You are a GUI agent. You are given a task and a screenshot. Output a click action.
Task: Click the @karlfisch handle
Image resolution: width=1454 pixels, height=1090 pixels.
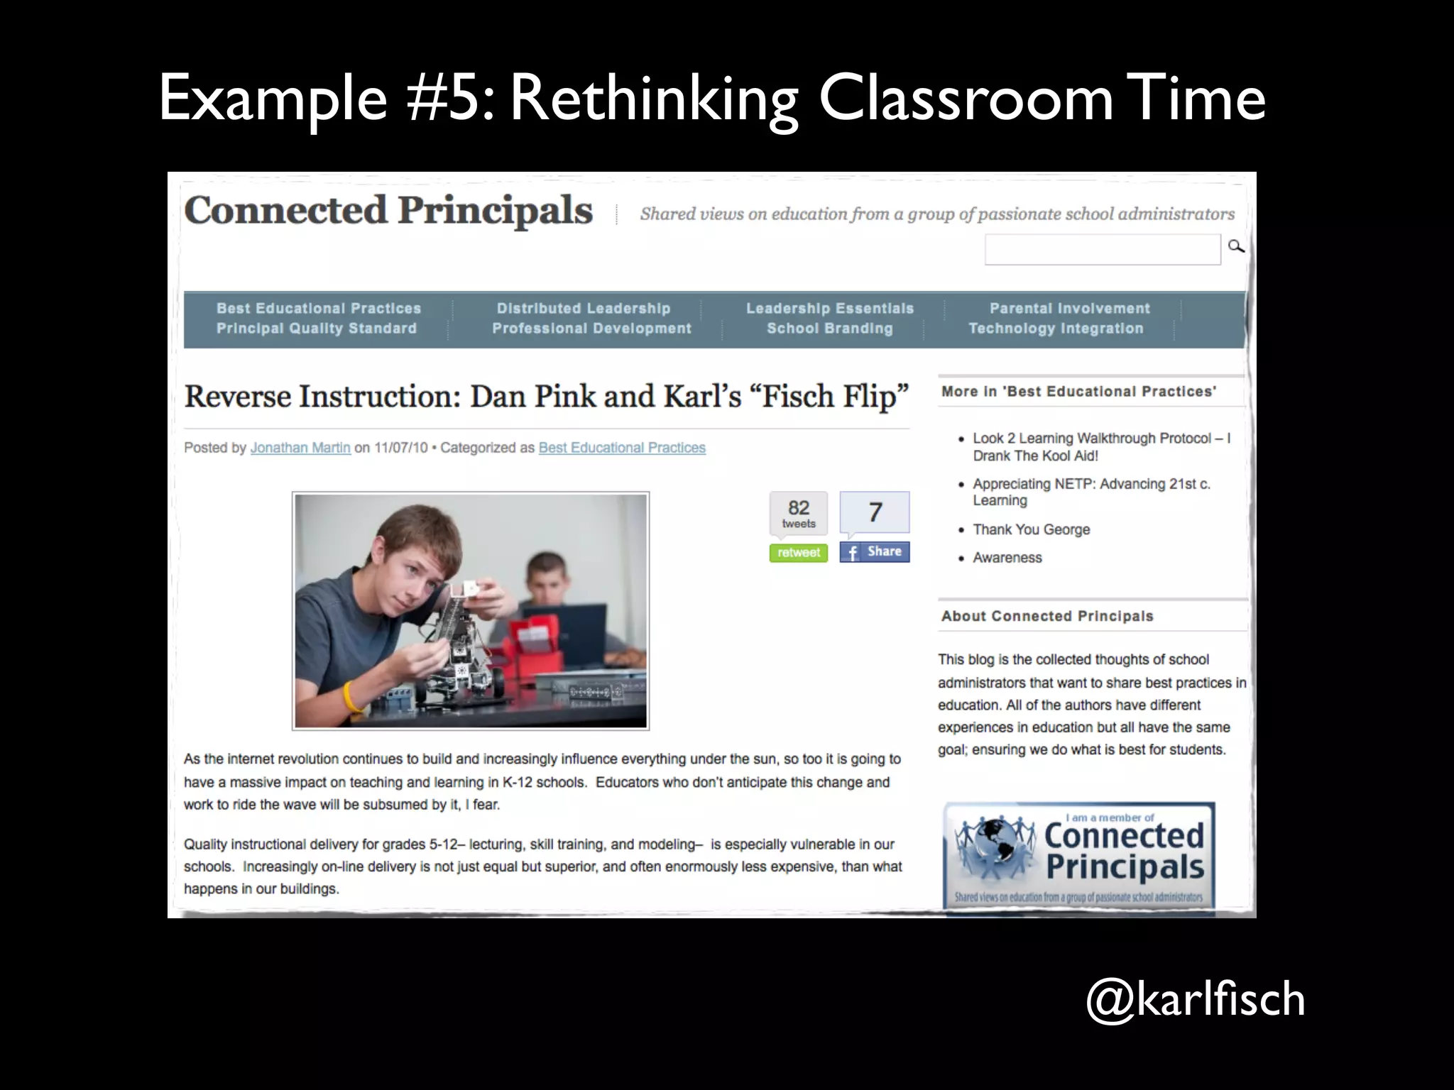coord(1195,999)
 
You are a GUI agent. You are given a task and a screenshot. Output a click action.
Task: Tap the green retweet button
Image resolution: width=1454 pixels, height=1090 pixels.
coord(798,552)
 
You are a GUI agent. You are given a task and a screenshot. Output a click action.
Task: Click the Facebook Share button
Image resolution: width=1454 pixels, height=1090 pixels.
coord(874,551)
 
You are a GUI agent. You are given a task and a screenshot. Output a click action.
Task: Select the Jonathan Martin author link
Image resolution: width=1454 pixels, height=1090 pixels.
coord(300,448)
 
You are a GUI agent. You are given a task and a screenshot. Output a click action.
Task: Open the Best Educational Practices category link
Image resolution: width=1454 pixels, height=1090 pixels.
coord(622,448)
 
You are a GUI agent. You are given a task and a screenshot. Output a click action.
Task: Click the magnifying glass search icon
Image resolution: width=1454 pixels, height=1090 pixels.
coord(1236,246)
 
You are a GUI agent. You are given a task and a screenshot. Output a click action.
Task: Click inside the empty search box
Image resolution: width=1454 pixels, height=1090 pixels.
coord(1102,250)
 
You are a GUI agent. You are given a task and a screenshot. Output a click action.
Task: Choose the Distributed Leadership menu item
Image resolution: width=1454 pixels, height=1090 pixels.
coord(584,308)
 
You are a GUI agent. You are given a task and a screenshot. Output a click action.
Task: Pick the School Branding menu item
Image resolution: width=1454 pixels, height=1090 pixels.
coord(829,329)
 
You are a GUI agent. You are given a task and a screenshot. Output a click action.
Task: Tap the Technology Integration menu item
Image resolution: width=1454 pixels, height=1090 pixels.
coord(1056,329)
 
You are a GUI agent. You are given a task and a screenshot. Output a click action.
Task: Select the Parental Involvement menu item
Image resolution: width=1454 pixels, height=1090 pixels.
coord(1069,308)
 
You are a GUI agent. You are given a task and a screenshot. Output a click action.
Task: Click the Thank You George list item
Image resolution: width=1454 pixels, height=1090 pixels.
coord(1031,529)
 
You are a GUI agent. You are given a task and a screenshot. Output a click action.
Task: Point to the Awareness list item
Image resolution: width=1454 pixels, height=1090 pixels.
coord(1007,558)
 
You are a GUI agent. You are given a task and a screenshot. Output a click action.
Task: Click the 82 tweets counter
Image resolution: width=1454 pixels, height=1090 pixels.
coord(799,513)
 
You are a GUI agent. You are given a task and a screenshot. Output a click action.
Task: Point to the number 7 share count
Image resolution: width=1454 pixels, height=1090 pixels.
coord(875,512)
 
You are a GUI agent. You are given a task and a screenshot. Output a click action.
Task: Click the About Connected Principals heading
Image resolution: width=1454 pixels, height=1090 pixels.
coord(1047,616)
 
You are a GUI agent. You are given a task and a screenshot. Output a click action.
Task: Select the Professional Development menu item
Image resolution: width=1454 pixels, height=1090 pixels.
coord(591,329)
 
